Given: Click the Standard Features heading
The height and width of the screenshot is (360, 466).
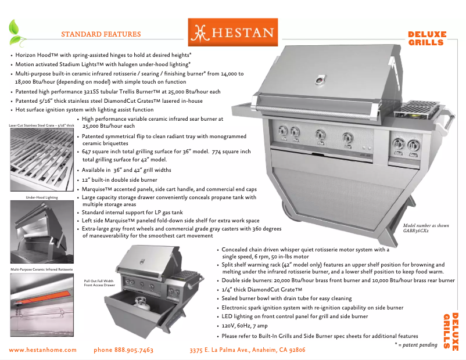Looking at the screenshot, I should point(101,34).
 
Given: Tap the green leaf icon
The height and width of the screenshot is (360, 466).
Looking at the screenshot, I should point(16,29).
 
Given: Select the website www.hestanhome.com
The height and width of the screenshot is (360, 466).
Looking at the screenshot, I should point(43,350).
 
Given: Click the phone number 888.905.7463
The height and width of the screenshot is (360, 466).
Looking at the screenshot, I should point(124,350).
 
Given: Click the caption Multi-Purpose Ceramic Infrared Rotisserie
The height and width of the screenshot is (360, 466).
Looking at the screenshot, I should point(41,269).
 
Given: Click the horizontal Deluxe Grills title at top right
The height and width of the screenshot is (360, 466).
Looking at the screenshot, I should point(427,38).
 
